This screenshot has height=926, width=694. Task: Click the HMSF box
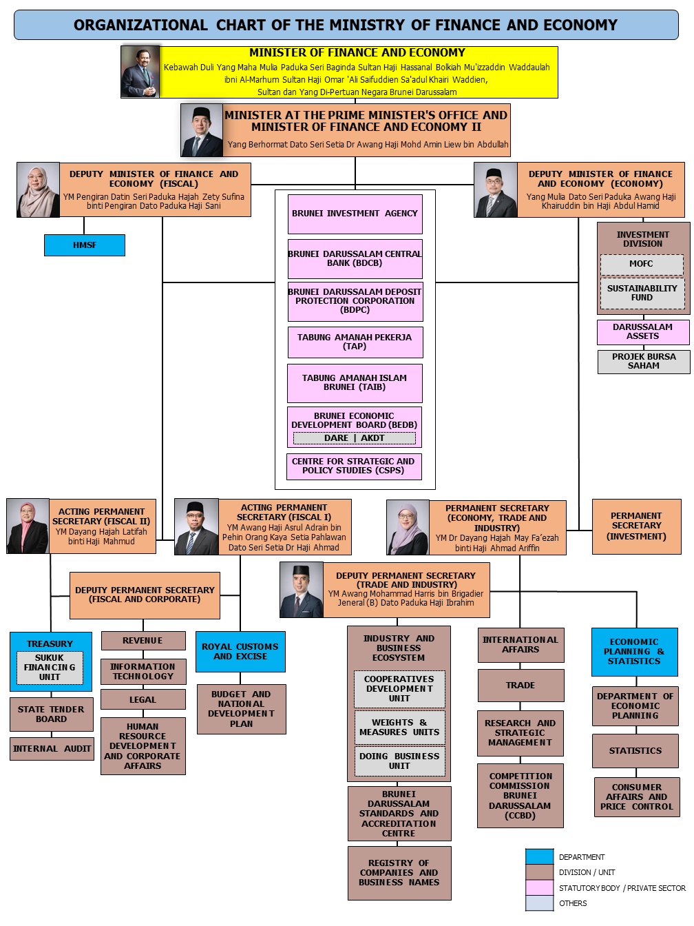coord(85,245)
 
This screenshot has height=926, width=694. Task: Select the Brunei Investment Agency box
coord(355,214)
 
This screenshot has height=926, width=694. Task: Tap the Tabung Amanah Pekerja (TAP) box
coord(355,342)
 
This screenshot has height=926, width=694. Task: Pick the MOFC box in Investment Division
coord(642,264)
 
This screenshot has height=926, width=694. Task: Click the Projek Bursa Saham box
coord(644,362)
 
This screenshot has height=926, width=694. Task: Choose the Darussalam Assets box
coord(643,332)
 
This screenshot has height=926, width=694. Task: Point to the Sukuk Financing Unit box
coord(50,668)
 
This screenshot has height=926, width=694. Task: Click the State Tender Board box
coord(52,714)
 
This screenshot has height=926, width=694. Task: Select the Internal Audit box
coord(52,749)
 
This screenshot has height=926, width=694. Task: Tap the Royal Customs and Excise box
coord(240,652)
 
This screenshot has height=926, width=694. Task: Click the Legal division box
coord(143,699)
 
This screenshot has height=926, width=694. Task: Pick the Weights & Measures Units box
coord(399,728)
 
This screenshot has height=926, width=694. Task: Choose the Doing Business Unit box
coord(399,761)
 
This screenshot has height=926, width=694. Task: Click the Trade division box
coord(520,686)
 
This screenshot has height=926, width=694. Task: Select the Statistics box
coord(635,751)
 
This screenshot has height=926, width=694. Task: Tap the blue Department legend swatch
coord(539,856)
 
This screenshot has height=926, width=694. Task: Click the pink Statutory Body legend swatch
coord(539,888)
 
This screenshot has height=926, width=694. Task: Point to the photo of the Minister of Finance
coord(140,72)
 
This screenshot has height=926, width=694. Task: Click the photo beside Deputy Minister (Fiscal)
coord(39,190)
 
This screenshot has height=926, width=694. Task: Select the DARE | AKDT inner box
coord(355,438)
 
